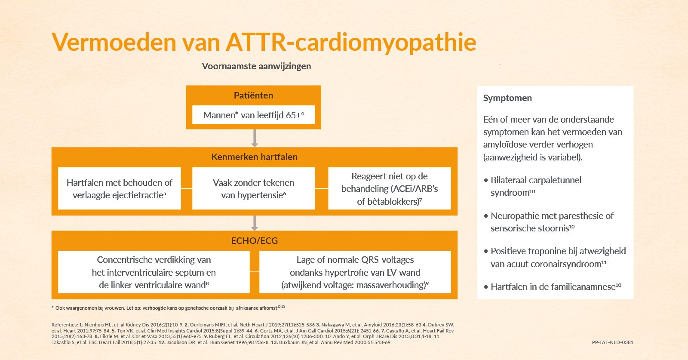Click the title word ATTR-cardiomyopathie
click(351, 43)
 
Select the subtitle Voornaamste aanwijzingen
click(256, 66)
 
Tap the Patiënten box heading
click(253, 95)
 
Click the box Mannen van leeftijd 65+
click(253, 115)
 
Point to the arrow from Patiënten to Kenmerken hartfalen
click(254, 138)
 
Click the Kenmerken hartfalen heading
click(254, 157)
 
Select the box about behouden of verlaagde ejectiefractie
click(120, 188)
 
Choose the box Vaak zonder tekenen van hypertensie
click(253, 188)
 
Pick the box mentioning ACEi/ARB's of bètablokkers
click(390, 188)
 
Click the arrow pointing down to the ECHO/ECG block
click(254, 223)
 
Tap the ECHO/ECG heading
click(254, 240)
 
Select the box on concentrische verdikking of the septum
click(154, 272)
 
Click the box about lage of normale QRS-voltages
click(355, 272)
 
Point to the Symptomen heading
click(507, 98)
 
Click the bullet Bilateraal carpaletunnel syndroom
click(533, 186)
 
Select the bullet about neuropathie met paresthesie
click(549, 222)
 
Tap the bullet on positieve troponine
click(555, 257)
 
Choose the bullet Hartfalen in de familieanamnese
click(553, 286)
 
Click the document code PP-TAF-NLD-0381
click(612, 342)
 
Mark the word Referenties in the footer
click(64, 325)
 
